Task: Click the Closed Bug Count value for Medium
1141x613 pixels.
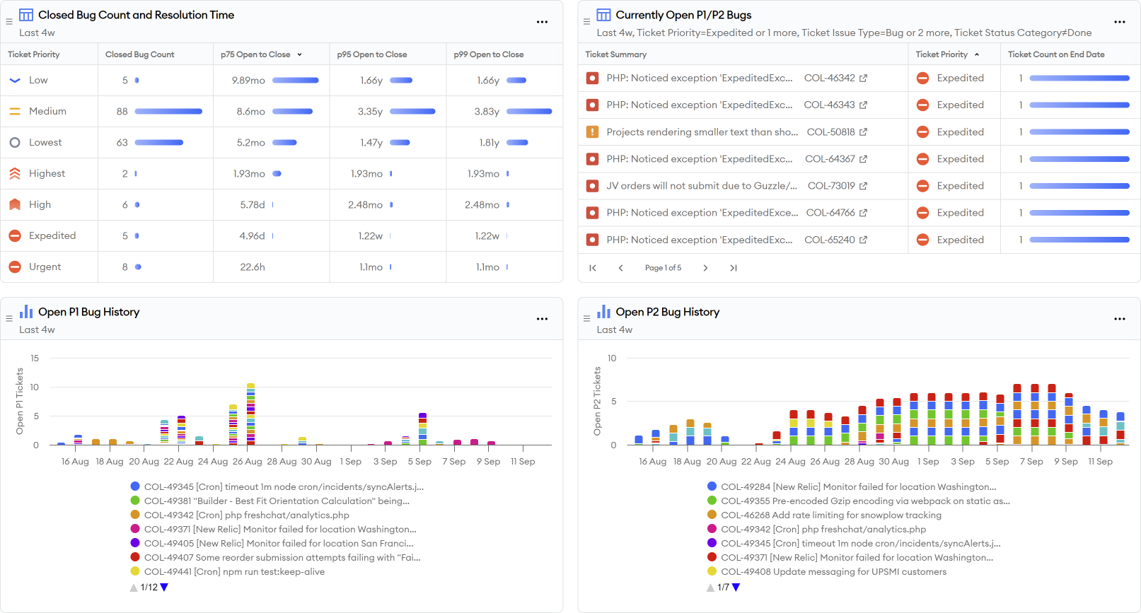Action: pyautogui.click(x=122, y=111)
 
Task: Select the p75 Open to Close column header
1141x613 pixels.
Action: pyautogui.click(x=255, y=54)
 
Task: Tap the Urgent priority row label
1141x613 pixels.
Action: pyautogui.click(x=45, y=267)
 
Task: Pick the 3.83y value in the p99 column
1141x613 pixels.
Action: pyautogui.click(x=487, y=111)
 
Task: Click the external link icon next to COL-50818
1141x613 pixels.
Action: pyautogui.click(x=863, y=132)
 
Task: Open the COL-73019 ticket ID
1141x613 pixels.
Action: pyautogui.click(x=831, y=186)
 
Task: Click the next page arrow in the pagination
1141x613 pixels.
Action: pyautogui.click(x=705, y=268)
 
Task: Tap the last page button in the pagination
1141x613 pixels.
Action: pyautogui.click(x=734, y=268)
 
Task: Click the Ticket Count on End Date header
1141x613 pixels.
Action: pyautogui.click(x=1056, y=54)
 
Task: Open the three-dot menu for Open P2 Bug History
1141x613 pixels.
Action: pyautogui.click(x=1120, y=319)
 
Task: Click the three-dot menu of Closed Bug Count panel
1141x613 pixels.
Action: pyautogui.click(x=542, y=22)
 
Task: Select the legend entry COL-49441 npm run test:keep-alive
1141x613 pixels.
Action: pyautogui.click(x=233, y=571)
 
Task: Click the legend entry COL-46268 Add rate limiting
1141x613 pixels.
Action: pyautogui.click(x=830, y=515)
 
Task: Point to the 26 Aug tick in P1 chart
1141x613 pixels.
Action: pyautogui.click(x=248, y=461)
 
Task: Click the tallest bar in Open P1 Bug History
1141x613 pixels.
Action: pyautogui.click(x=250, y=414)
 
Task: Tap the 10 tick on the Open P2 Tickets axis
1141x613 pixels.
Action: pyautogui.click(x=612, y=358)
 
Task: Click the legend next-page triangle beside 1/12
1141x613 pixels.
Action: pyautogui.click(x=164, y=587)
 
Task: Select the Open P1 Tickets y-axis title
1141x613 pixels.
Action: pyautogui.click(x=20, y=401)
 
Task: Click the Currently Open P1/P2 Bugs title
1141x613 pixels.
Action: pyautogui.click(x=683, y=15)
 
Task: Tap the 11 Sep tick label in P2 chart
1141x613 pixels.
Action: pyautogui.click(x=1100, y=461)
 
